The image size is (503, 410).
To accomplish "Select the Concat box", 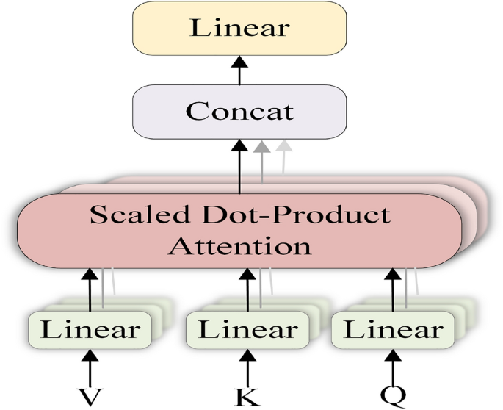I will pyautogui.click(x=239, y=112).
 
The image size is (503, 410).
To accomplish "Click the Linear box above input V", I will pyautogui.click(x=90, y=329).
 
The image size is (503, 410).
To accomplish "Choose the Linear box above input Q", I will pyautogui.click(x=394, y=329).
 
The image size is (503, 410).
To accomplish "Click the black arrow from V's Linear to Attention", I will pyautogui.click(x=90, y=289).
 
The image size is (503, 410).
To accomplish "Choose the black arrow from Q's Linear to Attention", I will pyautogui.click(x=394, y=289).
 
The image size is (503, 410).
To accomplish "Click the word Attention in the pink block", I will pyautogui.click(x=239, y=245).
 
